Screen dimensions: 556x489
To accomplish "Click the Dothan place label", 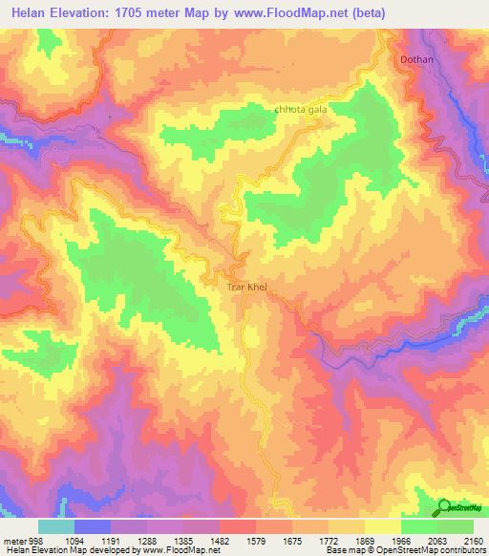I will click(415, 60).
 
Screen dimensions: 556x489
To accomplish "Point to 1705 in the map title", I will click(138, 13).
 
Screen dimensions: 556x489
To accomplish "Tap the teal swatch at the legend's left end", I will click(56, 526).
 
